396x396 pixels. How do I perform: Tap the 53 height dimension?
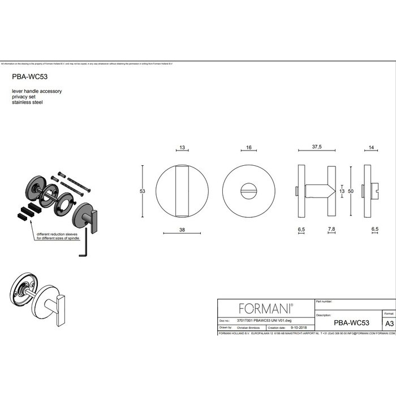(x=143, y=192)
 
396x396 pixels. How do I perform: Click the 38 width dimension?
(x=182, y=230)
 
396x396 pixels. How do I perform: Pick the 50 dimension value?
(x=351, y=192)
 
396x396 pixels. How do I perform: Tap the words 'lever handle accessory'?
(x=36, y=91)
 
